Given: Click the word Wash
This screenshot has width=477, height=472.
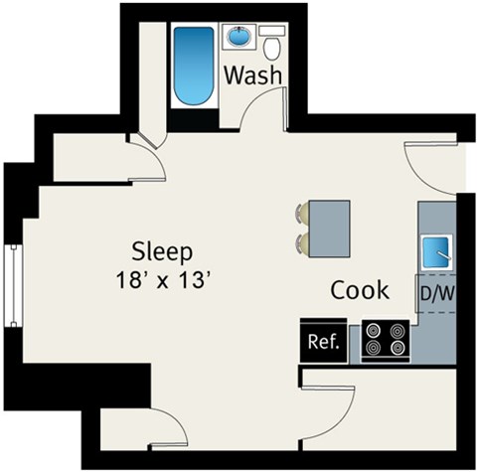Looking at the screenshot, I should (253, 76).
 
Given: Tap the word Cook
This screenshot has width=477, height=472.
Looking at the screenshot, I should (360, 290).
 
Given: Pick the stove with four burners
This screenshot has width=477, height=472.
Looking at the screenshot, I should (386, 340).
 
